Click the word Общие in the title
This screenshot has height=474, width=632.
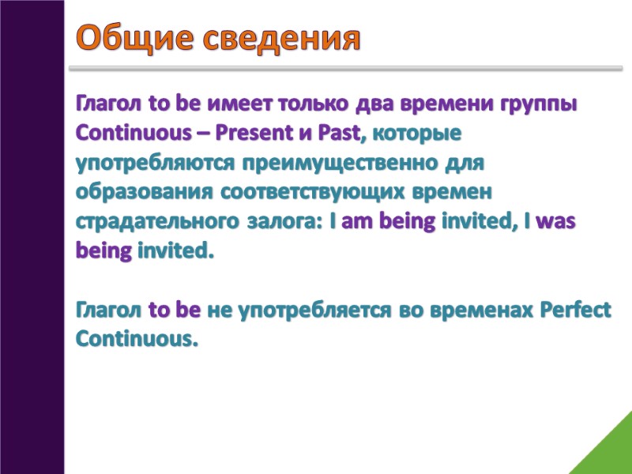click(131, 37)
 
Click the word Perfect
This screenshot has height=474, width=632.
click(576, 310)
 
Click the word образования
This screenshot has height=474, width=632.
click(142, 194)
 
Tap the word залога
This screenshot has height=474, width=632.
click(280, 223)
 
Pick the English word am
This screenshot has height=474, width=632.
click(357, 223)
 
